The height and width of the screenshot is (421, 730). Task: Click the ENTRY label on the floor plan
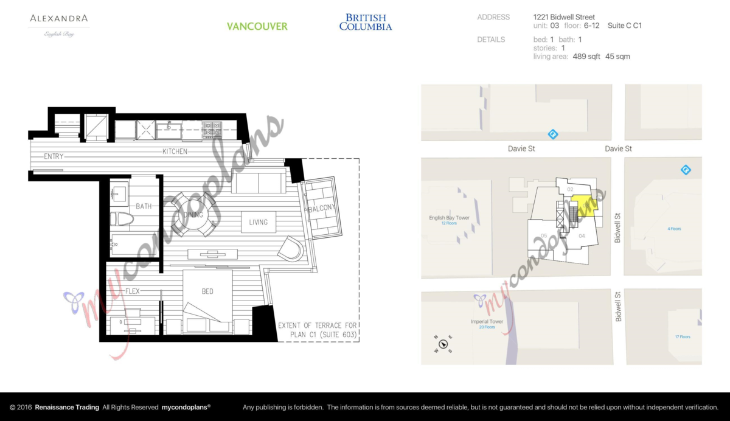click(x=54, y=156)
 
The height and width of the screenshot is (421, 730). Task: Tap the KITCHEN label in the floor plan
click(x=175, y=151)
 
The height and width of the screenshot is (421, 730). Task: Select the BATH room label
click(x=144, y=206)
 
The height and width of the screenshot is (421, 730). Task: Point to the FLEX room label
click(x=132, y=291)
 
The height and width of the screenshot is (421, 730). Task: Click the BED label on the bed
click(x=207, y=291)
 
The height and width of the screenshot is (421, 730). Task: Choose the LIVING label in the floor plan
click(x=258, y=222)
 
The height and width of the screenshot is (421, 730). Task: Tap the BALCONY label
click(x=322, y=208)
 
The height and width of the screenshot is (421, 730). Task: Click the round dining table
click(x=194, y=214)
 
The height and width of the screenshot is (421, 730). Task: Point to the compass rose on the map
click(x=444, y=344)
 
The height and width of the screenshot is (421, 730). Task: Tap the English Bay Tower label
click(x=449, y=217)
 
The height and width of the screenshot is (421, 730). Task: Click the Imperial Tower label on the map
click(x=487, y=321)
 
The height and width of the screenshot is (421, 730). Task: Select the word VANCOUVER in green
click(x=257, y=26)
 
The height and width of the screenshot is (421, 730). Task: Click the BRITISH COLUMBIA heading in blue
click(x=365, y=23)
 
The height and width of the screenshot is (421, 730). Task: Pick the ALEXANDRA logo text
click(x=59, y=18)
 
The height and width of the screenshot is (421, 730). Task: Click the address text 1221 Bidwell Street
click(x=564, y=17)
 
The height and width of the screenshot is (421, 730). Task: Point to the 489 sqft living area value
click(x=586, y=57)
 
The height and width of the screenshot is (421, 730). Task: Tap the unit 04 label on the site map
click(x=582, y=235)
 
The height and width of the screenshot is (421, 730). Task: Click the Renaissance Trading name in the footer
click(x=67, y=407)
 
